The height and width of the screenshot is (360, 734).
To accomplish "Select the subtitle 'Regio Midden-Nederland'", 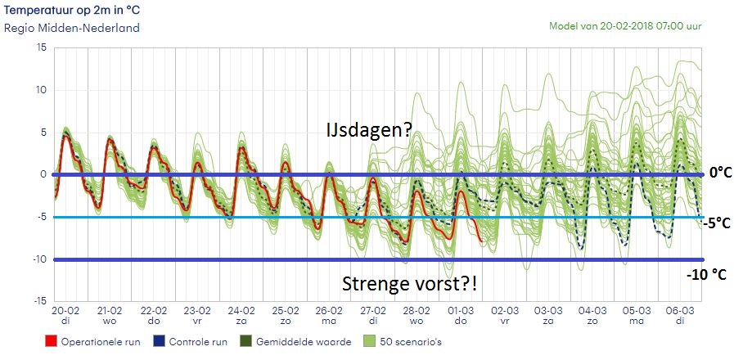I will click(x=72, y=28).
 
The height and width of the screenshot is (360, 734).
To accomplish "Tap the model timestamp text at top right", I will click(x=637, y=25).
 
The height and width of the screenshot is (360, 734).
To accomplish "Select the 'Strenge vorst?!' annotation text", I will click(x=410, y=284).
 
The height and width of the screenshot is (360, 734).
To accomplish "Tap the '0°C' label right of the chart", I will click(x=718, y=173).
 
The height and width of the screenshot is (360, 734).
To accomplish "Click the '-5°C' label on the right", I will click(x=715, y=222).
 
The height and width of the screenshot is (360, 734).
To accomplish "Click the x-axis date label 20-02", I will click(x=65, y=312).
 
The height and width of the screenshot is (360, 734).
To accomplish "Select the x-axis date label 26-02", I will click(x=328, y=312).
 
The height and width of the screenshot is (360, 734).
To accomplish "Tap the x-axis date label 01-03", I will click(x=460, y=312).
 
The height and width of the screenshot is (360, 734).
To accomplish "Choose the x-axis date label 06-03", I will click(x=679, y=312).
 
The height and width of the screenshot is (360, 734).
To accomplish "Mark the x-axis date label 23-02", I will click(x=197, y=312).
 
